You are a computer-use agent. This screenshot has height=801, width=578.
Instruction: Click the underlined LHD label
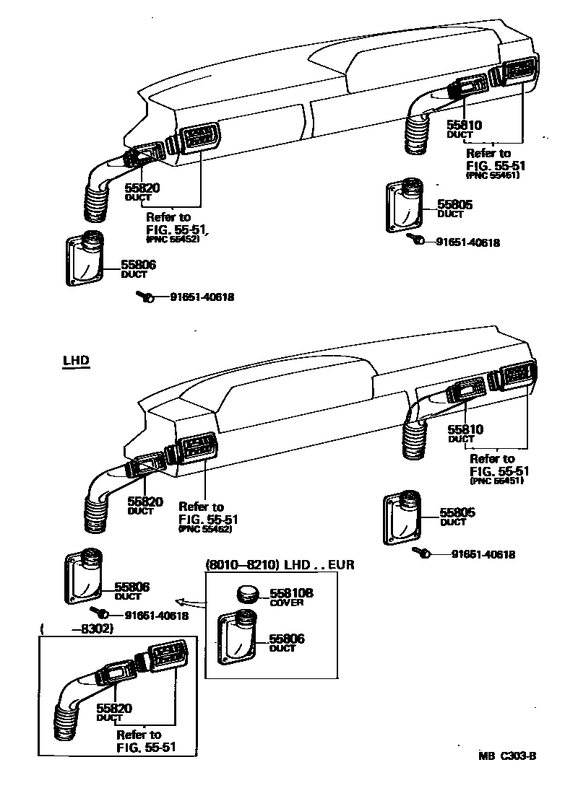point(75,360)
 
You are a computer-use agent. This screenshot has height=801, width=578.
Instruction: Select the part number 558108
point(291,592)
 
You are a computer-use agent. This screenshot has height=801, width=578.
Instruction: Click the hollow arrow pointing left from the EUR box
point(189,600)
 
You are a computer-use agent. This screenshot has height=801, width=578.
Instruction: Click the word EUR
point(341,564)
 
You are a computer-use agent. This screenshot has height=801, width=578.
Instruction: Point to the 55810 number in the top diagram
point(464,125)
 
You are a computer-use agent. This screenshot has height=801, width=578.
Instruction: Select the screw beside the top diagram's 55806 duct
point(145,297)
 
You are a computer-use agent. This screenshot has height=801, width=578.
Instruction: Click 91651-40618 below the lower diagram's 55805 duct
point(483,554)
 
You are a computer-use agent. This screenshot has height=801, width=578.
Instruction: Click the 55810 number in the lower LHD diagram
point(465,429)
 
